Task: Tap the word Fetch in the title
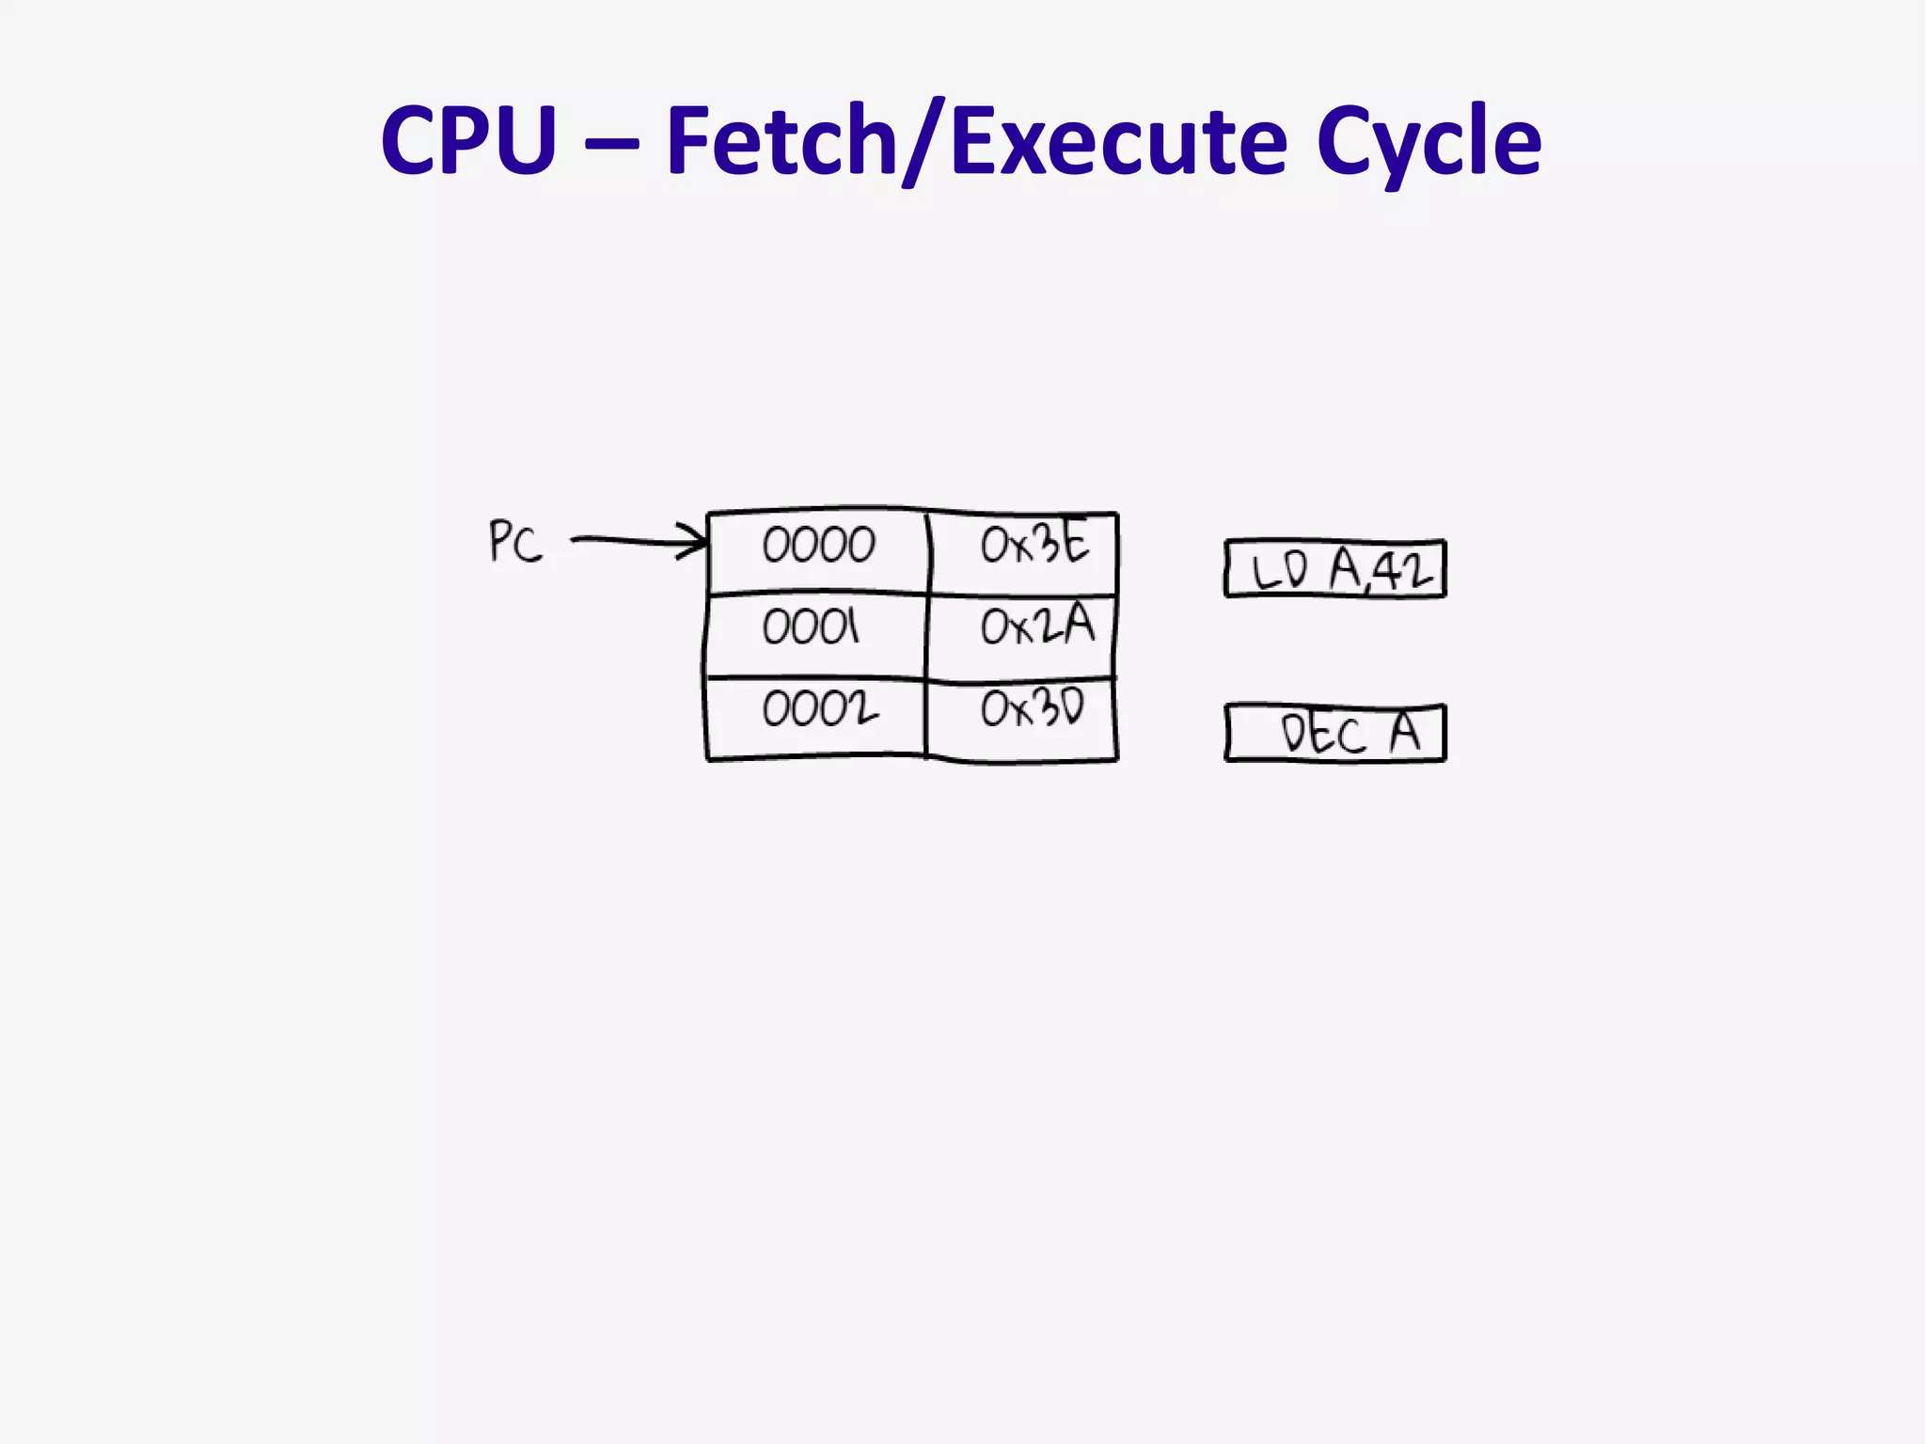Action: coord(781,141)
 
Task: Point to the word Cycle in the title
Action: coord(1429,141)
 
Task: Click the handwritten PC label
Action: coord(515,543)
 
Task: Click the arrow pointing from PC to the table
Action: coord(630,541)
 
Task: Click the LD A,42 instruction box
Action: coord(1334,569)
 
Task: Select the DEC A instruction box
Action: coord(1335,733)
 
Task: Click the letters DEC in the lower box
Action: coord(1322,735)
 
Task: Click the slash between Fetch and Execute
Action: coord(923,143)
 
